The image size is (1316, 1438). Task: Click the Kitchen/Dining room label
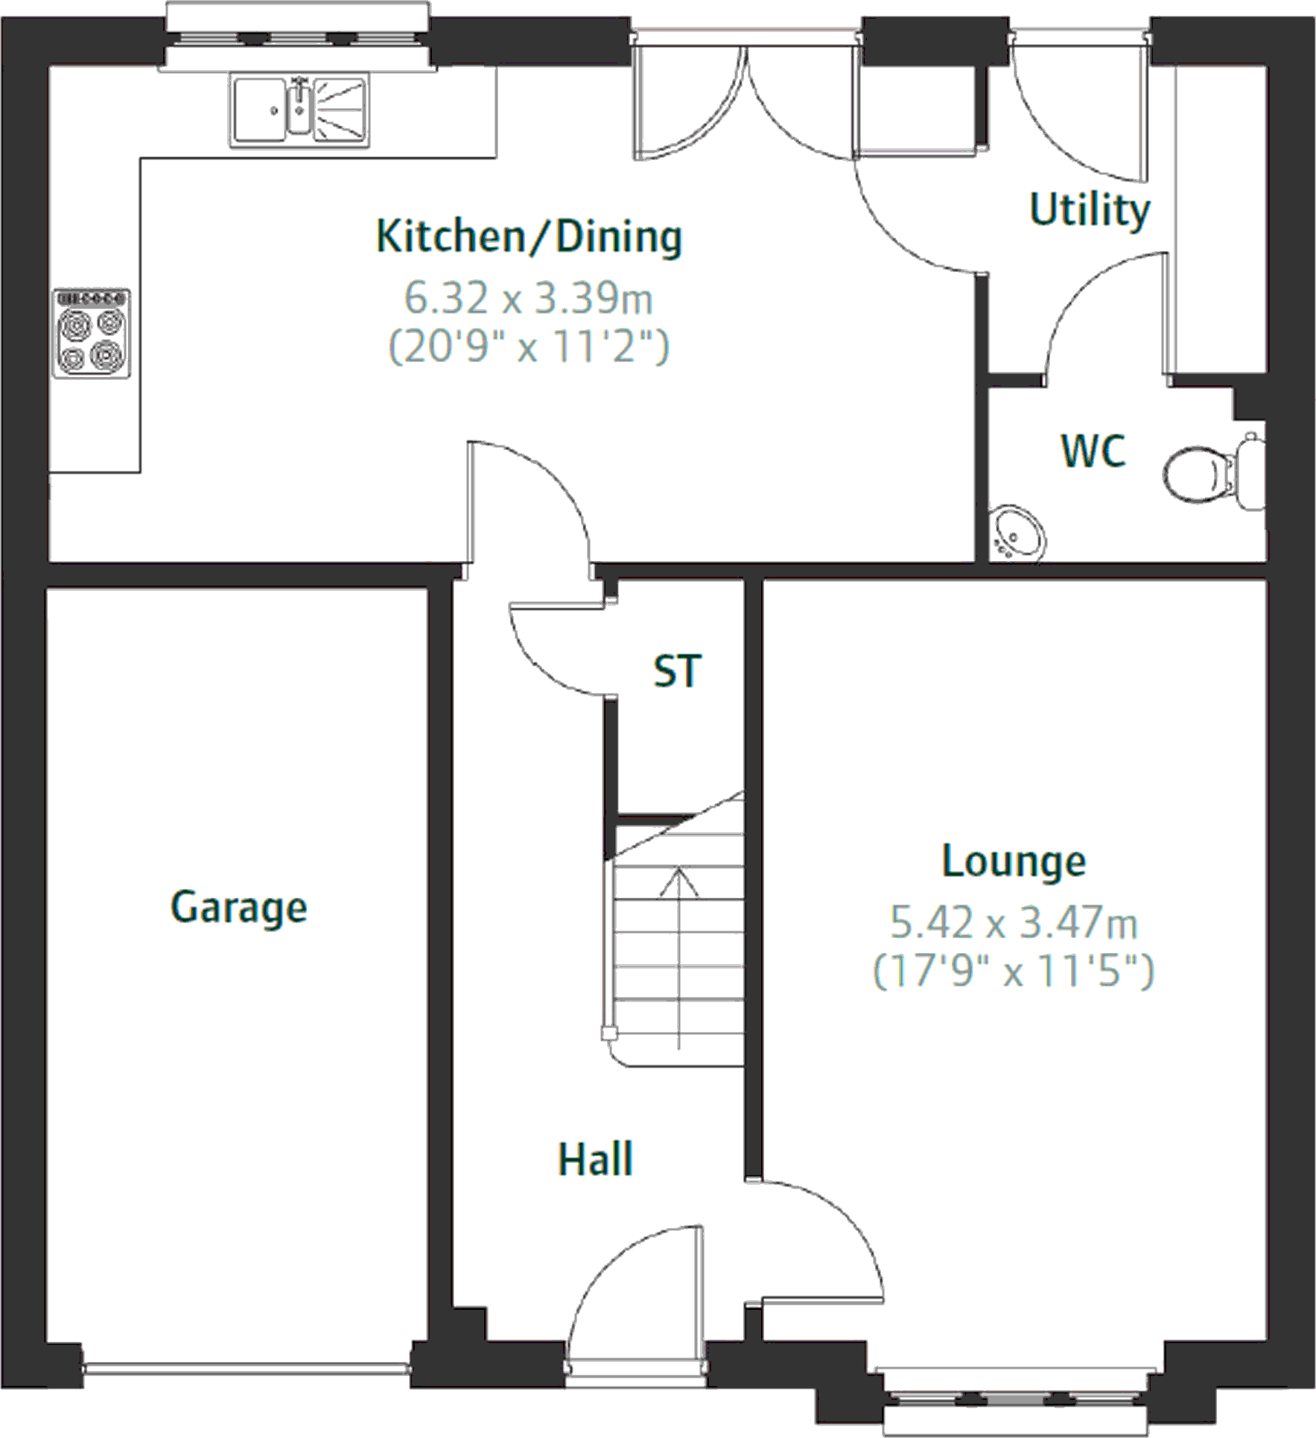(x=529, y=237)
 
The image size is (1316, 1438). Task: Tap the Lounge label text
(x=1013, y=862)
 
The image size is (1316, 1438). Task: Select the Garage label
(x=238, y=908)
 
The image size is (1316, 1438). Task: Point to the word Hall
(x=595, y=1159)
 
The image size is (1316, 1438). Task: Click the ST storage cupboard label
(x=676, y=671)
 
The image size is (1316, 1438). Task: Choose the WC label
(x=1093, y=452)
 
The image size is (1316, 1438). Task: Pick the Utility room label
(x=1089, y=210)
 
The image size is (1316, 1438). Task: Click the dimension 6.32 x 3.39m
(x=528, y=299)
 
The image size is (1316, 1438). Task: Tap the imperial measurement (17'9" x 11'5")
(x=1013, y=971)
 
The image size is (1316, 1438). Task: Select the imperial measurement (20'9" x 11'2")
(x=528, y=347)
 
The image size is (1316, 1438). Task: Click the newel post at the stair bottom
(x=609, y=1033)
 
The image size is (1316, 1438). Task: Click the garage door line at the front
(x=246, y=1368)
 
